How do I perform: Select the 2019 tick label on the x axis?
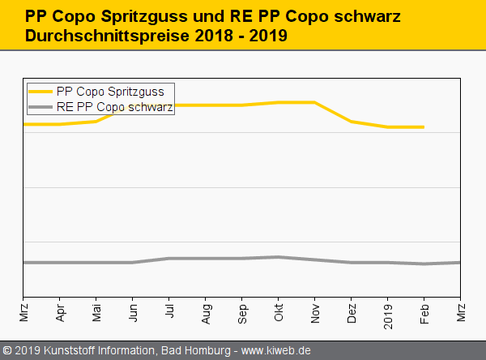click(x=388, y=311)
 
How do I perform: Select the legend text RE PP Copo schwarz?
click(x=115, y=106)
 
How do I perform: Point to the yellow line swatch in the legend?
click(x=41, y=92)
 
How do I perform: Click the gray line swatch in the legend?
click(x=41, y=106)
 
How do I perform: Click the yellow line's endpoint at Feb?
click(x=424, y=127)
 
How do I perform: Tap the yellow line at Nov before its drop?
click(x=314, y=102)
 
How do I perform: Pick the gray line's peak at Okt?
click(x=279, y=257)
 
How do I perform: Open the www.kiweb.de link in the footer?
click(x=276, y=350)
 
